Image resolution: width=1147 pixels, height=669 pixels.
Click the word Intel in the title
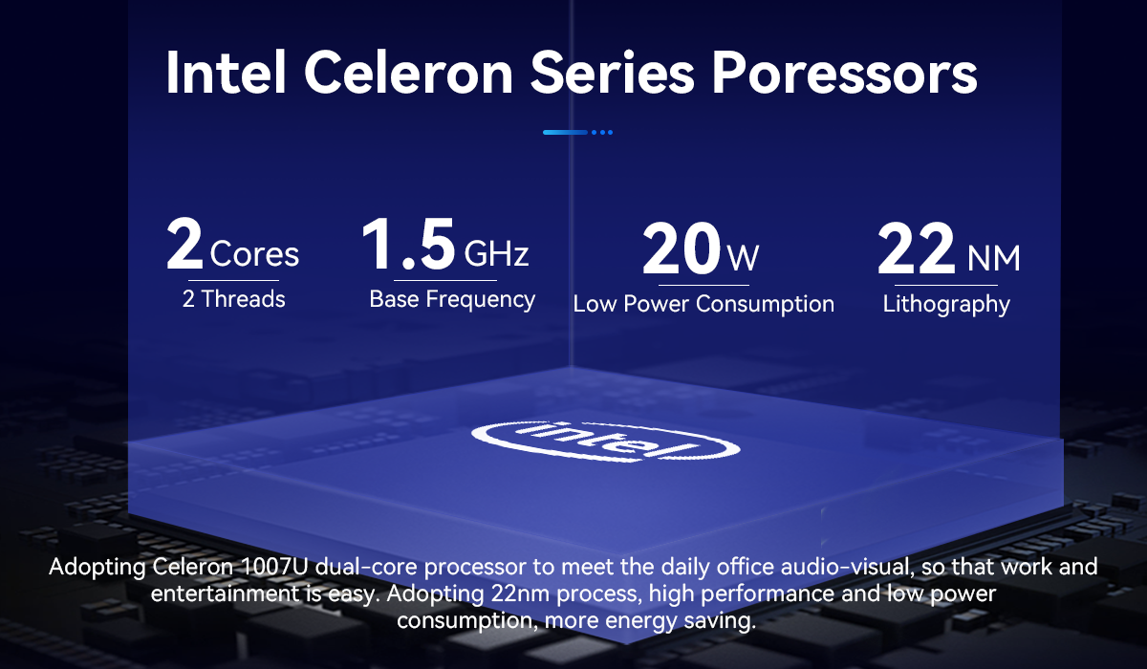tap(226, 73)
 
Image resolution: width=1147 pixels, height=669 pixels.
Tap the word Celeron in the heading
tap(409, 73)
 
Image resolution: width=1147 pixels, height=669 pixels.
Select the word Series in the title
tap(613, 73)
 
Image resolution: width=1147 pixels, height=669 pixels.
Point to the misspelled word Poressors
tap(845, 73)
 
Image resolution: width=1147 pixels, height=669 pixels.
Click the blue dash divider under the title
tap(577, 132)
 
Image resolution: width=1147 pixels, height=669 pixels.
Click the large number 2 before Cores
tap(184, 244)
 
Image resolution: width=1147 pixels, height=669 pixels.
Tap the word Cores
tap(254, 253)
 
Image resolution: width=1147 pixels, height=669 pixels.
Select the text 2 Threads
tap(233, 299)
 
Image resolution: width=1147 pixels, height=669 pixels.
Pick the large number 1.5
tap(409, 244)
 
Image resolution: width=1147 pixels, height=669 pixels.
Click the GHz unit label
tap(496, 253)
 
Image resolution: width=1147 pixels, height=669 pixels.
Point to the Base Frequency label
tap(452, 299)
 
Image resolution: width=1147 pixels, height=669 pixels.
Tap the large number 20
tap(682, 248)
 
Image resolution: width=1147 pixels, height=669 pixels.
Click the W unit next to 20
tap(744, 258)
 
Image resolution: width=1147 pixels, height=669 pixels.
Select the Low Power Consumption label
tap(703, 304)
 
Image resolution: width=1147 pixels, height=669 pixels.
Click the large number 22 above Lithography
tap(916, 248)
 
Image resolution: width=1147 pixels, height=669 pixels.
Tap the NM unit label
tap(994, 258)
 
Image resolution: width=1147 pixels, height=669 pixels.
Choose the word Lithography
tap(946, 305)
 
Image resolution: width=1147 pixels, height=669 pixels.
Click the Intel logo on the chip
tap(605, 441)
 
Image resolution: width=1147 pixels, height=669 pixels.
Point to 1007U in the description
tap(273, 567)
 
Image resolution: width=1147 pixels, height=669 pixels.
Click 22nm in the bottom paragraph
tap(520, 593)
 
